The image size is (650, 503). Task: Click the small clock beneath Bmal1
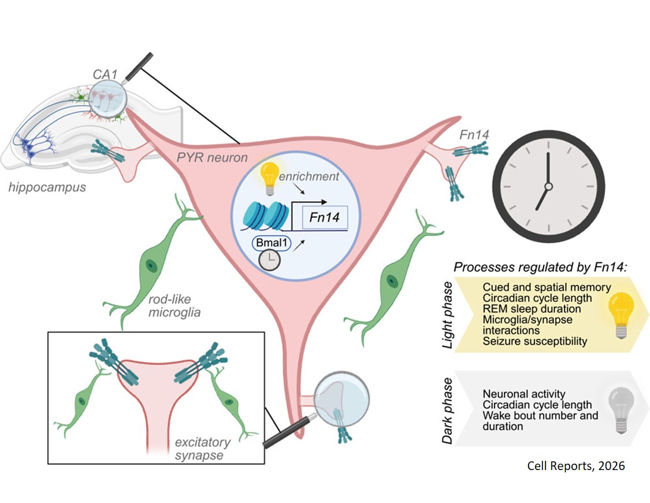click(x=270, y=262)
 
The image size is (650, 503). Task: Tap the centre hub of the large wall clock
click(x=548, y=186)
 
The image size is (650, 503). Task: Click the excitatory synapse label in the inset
click(x=203, y=449)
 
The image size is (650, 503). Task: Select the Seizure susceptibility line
click(x=534, y=341)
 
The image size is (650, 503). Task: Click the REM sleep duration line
click(x=532, y=309)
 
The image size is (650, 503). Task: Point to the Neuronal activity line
click(x=524, y=394)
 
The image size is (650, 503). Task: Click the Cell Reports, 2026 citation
click(x=575, y=466)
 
